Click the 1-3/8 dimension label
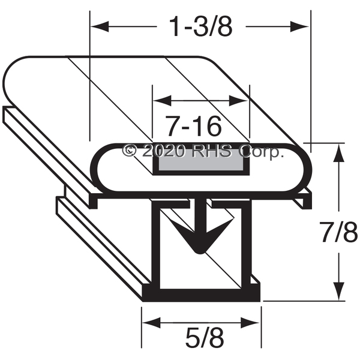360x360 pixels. click(200, 26)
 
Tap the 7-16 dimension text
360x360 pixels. click(193, 126)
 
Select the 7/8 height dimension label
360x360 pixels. click(340, 232)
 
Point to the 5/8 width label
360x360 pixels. click(205, 338)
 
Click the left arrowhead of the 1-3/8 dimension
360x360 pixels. click(100, 26)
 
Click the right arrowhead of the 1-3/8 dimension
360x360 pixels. click(299, 26)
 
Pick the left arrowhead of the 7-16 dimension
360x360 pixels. click(162, 101)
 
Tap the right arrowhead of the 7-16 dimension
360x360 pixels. click(239, 101)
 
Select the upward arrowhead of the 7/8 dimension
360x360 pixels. click(339, 153)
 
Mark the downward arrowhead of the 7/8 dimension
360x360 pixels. click(339, 290)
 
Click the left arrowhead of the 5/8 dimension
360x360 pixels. click(152, 323)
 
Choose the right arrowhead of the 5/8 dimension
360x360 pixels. click(250, 323)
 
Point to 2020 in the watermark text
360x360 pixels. click(164, 151)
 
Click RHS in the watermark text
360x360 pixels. click(212, 151)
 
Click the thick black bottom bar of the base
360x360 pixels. click(201, 295)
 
